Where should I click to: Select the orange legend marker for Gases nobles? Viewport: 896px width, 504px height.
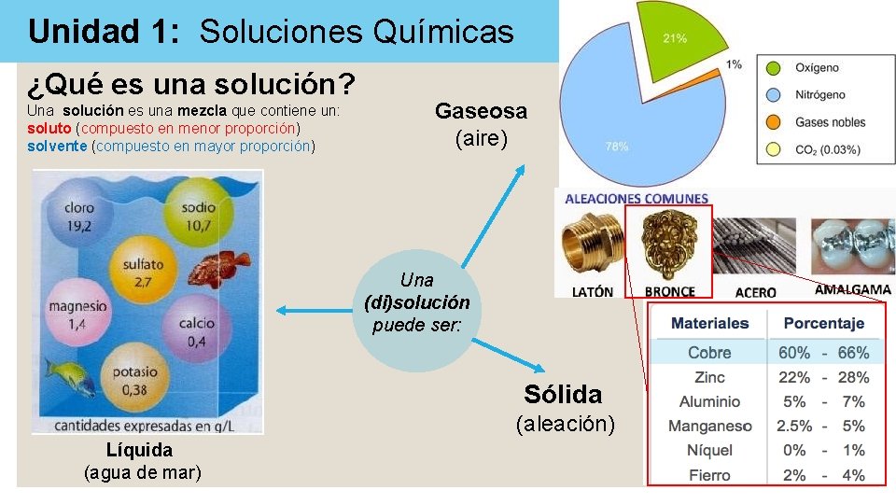(773, 122)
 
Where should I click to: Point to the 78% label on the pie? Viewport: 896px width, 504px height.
(616, 147)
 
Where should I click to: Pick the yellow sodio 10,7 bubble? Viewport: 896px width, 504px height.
(199, 217)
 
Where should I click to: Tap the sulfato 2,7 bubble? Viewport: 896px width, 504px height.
(142, 271)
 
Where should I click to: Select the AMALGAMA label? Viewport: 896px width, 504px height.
(852, 290)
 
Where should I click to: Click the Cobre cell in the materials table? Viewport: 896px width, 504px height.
(709, 353)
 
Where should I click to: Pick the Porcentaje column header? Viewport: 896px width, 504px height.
(823, 323)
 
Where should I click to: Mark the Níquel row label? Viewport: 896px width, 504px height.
(709, 450)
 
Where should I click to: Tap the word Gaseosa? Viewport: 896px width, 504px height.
(481, 111)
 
